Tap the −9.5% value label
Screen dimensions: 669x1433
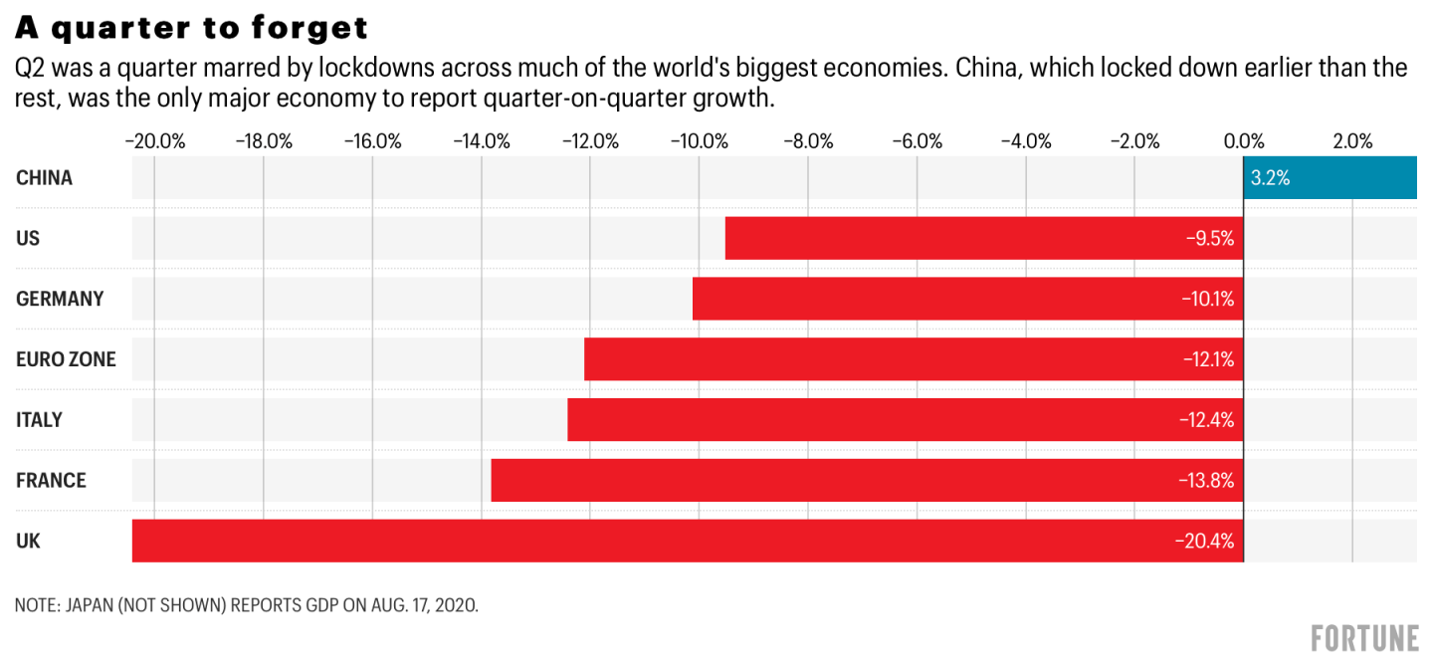1211,239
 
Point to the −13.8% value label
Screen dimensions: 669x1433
1206,481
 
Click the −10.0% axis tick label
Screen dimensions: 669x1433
699,140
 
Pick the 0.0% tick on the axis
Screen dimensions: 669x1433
1243,140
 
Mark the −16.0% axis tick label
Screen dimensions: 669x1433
372,140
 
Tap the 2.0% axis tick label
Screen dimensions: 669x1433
1352,140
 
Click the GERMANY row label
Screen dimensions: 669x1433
60,299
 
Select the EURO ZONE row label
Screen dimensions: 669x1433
66,359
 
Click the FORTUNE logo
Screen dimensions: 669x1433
1364,637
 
